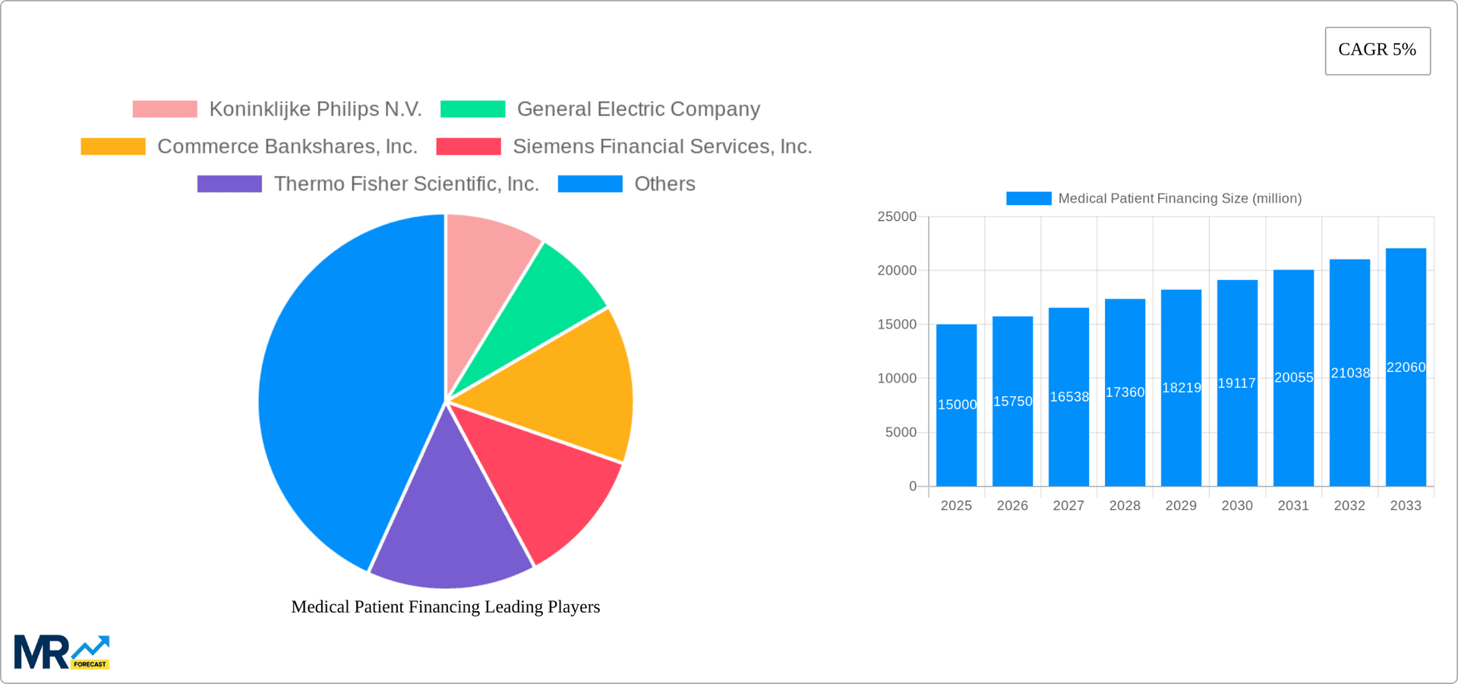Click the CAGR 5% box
1378,51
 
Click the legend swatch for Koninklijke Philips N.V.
165,109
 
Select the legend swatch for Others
590,184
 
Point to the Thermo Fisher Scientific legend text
406,184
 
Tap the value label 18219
1182,388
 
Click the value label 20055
1293,377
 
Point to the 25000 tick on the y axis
897,217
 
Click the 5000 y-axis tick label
901,433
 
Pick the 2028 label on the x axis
1125,506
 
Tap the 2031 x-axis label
1293,506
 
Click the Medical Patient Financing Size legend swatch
1028,198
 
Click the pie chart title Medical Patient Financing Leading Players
446,607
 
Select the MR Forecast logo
62,652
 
